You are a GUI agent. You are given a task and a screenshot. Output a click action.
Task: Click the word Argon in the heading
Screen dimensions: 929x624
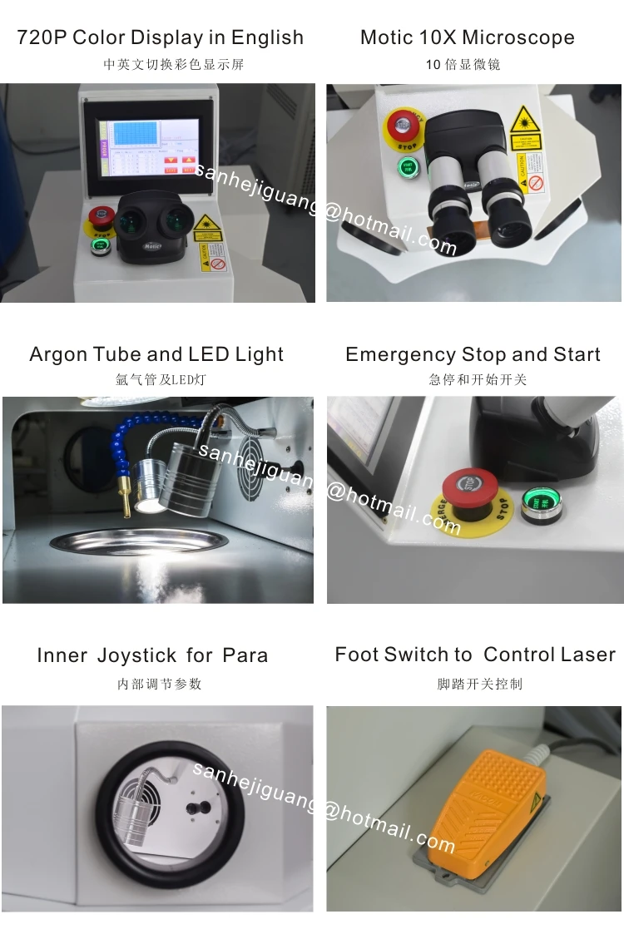[58, 354]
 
